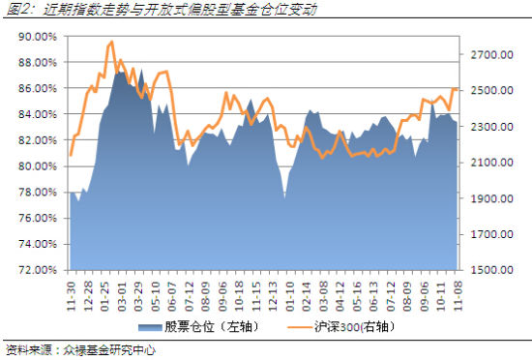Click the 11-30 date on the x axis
tap(72, 288)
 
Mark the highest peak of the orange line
tap(112, 42)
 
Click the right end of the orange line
tap(457, 89)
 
